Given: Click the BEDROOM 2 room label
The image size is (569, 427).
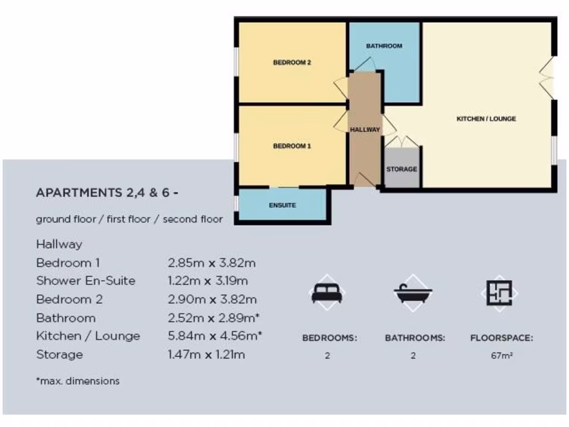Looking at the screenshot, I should (x=292, y=63).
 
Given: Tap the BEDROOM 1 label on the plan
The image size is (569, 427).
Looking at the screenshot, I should (x=292, y=146).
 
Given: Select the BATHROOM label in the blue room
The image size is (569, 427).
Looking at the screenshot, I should (x=384, y=46).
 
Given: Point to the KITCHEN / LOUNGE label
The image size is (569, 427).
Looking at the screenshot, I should (x=486, y=118).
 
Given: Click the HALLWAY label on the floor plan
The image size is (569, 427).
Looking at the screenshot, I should (x=365, y=130).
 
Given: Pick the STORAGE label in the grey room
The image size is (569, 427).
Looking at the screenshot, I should (x=401, y=169).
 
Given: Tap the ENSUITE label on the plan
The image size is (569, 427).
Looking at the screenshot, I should (x=283, y=205).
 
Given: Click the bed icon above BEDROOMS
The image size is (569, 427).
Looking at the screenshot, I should (x=327, y=292).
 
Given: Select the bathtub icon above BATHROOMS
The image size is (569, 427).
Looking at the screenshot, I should (x=413, y=292).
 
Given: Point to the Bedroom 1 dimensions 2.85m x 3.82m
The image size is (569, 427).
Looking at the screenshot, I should (x=212, y=263).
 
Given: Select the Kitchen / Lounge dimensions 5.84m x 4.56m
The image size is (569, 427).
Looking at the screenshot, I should (x=214, y=336).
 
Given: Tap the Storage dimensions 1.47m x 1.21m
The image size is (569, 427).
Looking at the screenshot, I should (x=206, y=355).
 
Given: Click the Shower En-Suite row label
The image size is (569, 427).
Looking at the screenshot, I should (x=86, y=281).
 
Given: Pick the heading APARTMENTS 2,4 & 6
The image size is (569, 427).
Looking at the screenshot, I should (x=107, y=193).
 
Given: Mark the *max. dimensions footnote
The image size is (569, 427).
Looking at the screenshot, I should (x=78, y=381).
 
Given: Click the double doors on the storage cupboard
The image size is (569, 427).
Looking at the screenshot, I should (x=402, y=142).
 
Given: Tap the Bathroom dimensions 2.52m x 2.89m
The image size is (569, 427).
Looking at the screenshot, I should (x=214, y=318).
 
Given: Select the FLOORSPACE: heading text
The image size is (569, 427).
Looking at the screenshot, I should (x=501, y=338).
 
